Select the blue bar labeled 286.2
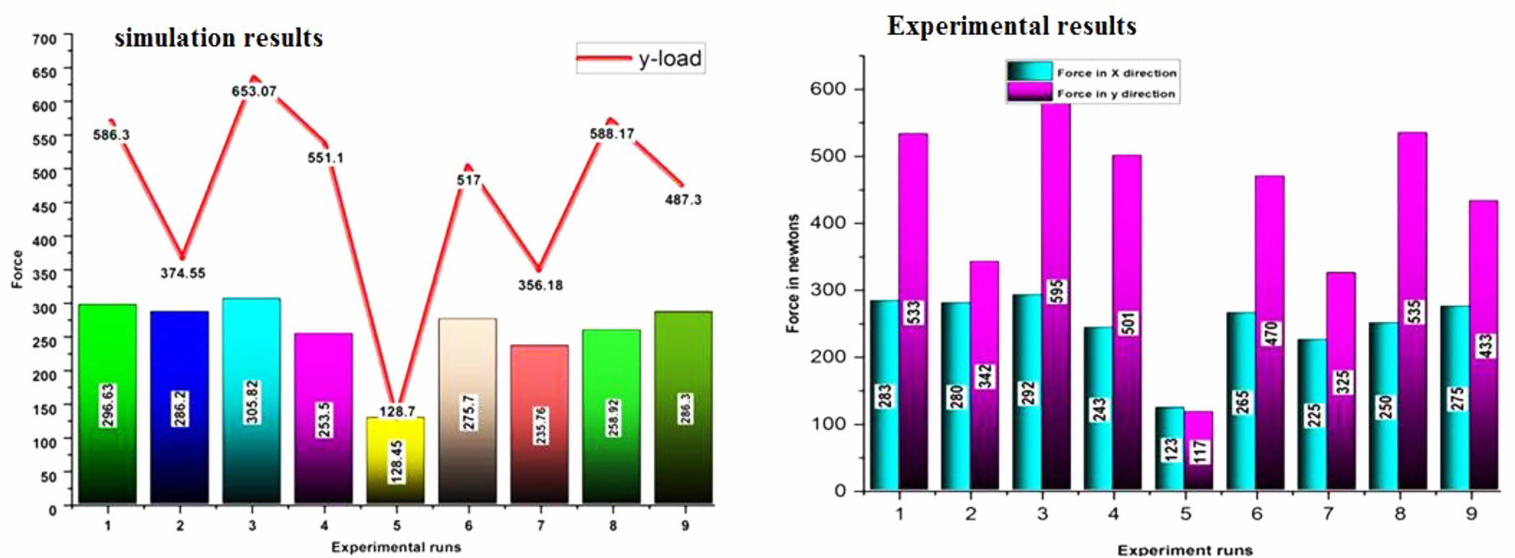180,406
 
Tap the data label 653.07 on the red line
254,91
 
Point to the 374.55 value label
183,273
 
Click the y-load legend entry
641,58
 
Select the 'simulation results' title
219,38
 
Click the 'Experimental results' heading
1012,26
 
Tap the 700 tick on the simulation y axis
45,39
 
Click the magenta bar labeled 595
1056,294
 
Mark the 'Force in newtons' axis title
793,274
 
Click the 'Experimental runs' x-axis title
396,547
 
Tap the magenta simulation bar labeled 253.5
323,418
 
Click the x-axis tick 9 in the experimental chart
1471,514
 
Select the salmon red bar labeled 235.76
539,424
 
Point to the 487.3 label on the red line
683,200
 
